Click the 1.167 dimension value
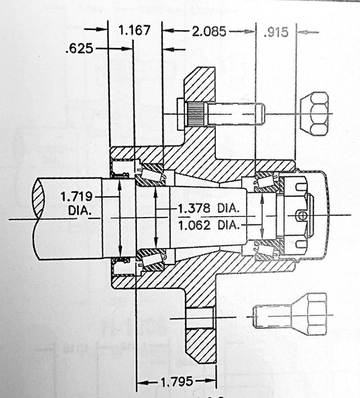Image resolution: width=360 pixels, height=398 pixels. (133, 31)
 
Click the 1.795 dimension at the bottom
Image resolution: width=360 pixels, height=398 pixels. (176, 383)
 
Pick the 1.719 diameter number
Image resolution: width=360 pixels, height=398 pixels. (76, 196)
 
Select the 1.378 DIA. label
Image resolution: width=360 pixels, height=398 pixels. (207, 209)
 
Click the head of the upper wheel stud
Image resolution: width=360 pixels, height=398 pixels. (181, 114)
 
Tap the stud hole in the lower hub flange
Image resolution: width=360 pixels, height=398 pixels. (199, 318)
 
